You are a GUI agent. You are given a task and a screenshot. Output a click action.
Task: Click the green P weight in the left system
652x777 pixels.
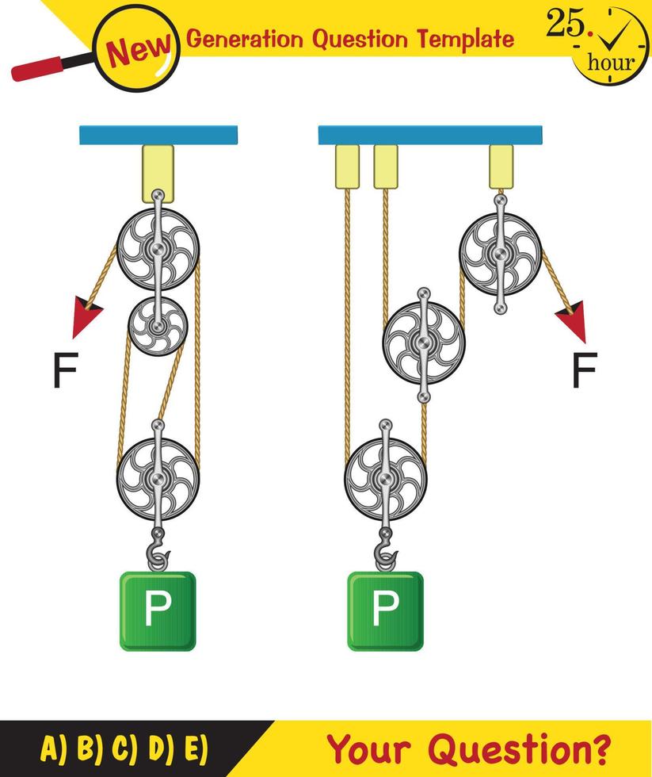157,610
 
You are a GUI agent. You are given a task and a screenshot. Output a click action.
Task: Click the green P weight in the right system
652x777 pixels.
385,610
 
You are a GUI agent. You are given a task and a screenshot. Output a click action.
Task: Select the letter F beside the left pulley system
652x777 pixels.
65,372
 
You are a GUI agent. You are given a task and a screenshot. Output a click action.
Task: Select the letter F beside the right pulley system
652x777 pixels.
584,372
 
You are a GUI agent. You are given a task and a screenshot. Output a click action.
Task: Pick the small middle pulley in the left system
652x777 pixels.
158,325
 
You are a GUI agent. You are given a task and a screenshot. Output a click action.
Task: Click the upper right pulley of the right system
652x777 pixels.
500,253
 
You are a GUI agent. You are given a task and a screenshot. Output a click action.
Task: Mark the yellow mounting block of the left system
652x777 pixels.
158,171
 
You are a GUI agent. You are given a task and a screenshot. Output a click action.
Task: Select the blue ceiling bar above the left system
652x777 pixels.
158,135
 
